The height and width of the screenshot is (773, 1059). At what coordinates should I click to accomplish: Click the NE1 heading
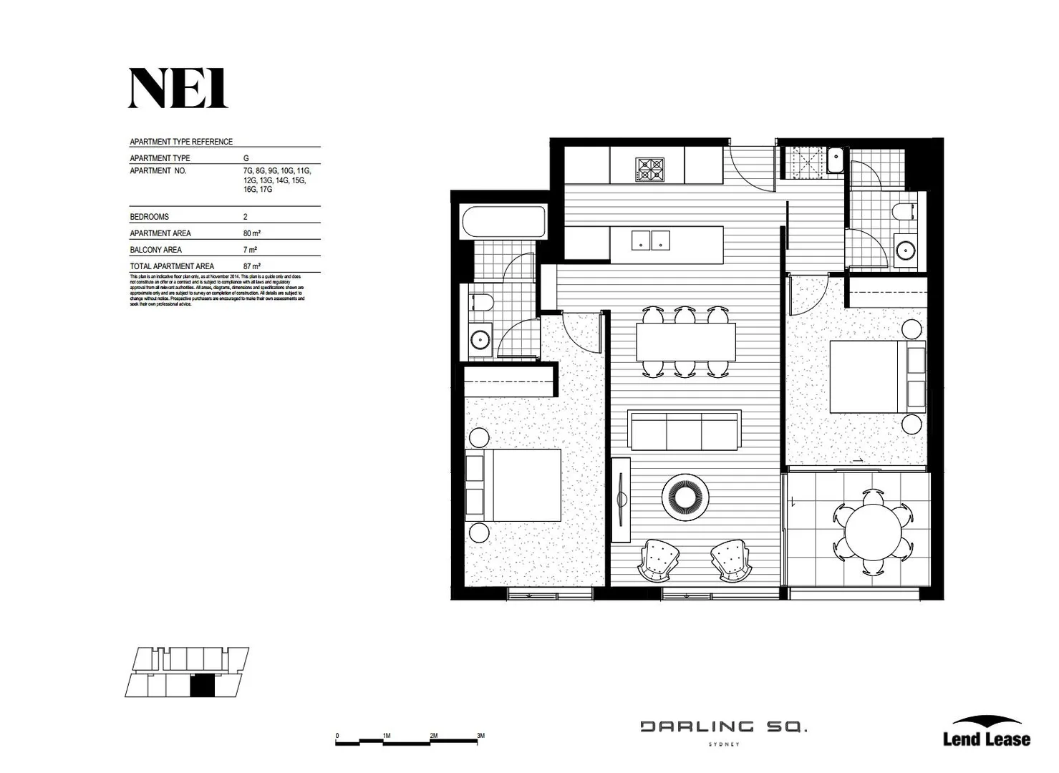coord(178,89)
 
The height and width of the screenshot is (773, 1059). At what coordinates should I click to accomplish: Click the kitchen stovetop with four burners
coord(649,170)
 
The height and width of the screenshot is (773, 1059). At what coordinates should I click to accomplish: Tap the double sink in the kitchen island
coord(650,240)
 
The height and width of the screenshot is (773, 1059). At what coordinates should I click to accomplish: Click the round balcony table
coord(873,532)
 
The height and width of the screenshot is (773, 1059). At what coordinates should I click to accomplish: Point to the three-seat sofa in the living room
coord(683,430)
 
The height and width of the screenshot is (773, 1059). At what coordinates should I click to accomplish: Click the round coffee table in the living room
coord(685,496)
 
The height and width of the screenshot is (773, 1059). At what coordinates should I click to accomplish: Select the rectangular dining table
coord(686,342)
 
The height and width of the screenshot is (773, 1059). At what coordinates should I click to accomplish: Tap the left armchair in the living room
coord(659,560)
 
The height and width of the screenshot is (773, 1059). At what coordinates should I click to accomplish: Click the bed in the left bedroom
coord(513,485)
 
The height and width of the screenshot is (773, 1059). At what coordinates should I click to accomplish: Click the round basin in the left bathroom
coord(480,338)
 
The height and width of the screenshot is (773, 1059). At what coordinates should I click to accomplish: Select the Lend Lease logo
coord(986,732)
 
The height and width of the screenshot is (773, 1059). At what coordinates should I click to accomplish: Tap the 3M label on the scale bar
coord(480,735)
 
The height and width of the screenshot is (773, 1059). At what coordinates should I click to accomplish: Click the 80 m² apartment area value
coord(251,233)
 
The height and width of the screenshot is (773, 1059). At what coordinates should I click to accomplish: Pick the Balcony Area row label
coord(155,250)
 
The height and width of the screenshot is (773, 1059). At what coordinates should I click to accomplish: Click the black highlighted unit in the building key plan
coord(202,686)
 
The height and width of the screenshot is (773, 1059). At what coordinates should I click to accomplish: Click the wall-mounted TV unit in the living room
coord(620,500)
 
